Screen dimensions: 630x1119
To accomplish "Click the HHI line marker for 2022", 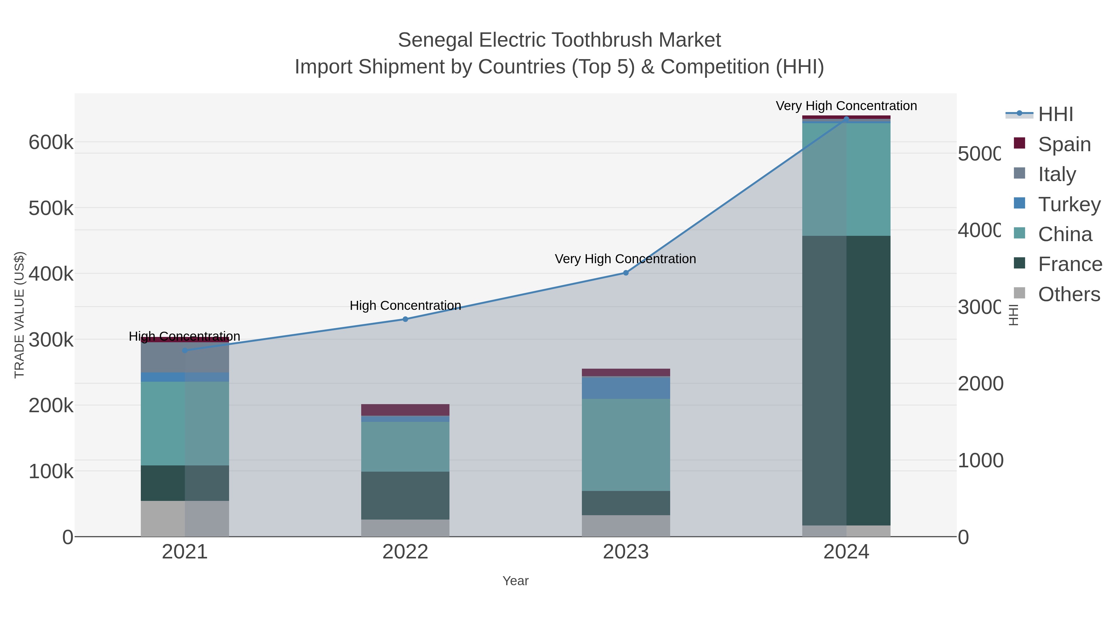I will click(x=405, y=319).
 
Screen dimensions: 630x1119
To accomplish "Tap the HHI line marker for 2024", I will click(x=846, y=119).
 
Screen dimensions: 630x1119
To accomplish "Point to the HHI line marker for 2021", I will click(x=185, y=350).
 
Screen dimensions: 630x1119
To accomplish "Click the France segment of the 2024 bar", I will click(x=846, y=380).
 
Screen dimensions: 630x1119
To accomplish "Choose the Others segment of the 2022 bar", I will click(x=405, y=528).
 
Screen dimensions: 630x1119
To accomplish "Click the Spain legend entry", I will click(x=1064, y=144).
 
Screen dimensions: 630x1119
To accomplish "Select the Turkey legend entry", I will click(x=1069, y=204).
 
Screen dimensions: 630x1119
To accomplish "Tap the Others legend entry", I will click(x=1069, y=294).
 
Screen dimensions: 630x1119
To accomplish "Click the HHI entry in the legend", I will click(x=1055, y=114).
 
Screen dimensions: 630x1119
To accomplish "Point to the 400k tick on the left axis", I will click(x=51, y=274).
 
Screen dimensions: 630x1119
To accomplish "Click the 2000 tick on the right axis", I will click(x=980, y=384).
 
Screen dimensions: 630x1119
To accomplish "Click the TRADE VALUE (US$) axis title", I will click(x=20, y=315).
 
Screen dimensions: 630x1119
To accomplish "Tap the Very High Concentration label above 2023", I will click(x=625, y=259).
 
